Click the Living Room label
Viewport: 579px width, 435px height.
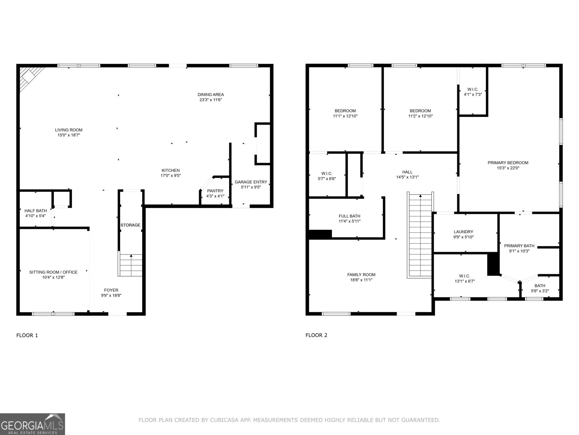click(x=69, y=130)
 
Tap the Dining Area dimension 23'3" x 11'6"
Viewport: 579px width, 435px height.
click(x=211, y=100)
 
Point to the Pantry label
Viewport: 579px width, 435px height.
click(x=215, y=191)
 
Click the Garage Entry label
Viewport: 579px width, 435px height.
click(x=251, y=182)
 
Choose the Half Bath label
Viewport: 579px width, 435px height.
click(x=35, y=211)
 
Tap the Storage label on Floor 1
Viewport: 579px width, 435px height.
click(x=130, y=225)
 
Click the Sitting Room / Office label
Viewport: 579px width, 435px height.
click(x=53, y=272)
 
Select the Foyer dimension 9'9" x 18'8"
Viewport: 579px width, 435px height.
click(x=111, y=295)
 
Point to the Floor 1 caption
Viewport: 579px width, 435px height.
click(x=27, y=335)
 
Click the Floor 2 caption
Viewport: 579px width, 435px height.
click(x=316, y=335)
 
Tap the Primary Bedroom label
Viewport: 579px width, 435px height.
click(x=508, y=163)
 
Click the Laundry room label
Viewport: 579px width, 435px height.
click(x=464, y=232)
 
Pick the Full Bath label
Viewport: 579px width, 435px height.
click(x=350, y=216)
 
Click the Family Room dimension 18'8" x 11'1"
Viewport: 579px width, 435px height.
click(x=361, y=280)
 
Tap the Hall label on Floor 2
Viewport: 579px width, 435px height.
click(x=407, y=172)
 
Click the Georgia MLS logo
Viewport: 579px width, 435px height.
click(x=33, y=424)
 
